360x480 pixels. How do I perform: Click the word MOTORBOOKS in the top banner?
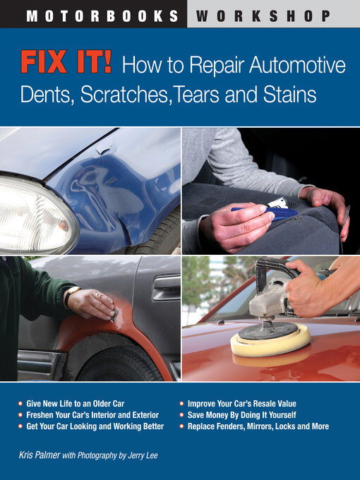tap(102, 14)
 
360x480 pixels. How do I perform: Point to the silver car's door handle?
tap(166, 287)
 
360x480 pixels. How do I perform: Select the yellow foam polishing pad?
tap(270, 342)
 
